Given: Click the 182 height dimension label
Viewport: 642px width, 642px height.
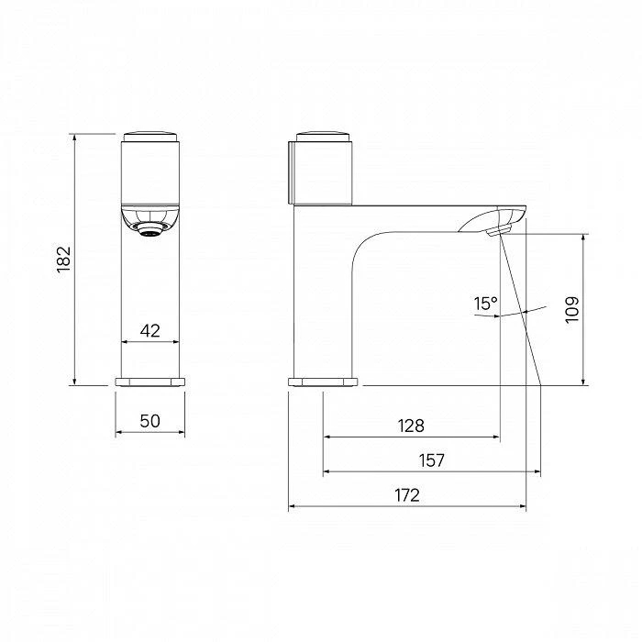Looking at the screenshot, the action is click(x=64, y=260).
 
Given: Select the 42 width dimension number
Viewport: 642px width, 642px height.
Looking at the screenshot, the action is click(x=149, y=330).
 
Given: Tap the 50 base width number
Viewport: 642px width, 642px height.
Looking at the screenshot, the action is click(x=149, y=421).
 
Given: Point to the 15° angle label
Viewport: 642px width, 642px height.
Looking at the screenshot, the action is click(x=485, y=304).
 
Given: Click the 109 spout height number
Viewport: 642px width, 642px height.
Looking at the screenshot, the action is click(x=572, y=310).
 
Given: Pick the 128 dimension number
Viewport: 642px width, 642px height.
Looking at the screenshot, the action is click(x=411, y=426).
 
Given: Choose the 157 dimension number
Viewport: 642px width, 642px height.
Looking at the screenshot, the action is click(x=432, y=460).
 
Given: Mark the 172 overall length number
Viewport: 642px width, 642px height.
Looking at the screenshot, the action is click(x=407, y=495).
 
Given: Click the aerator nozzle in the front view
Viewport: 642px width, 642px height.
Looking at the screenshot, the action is click(x=150, y=230).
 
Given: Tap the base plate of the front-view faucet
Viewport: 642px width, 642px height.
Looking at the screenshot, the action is click(x=149, y=382).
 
